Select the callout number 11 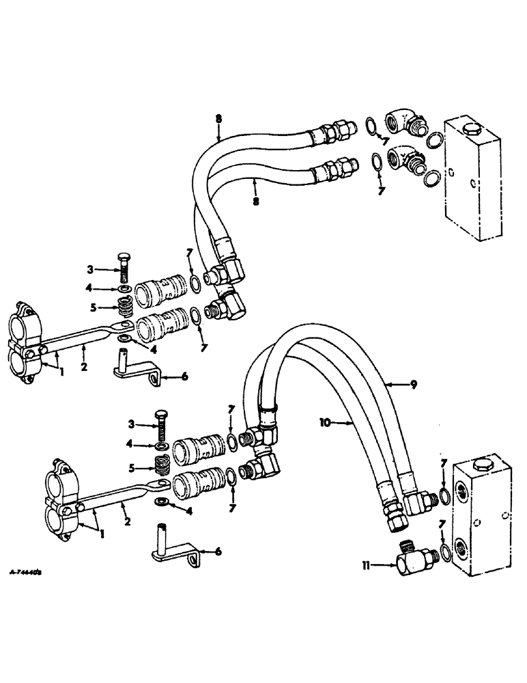click(x=367, y=564)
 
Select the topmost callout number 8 click(x=218, y=119)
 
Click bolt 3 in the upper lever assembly click(x=124, y=276)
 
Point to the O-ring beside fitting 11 click(x=444, y=551)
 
